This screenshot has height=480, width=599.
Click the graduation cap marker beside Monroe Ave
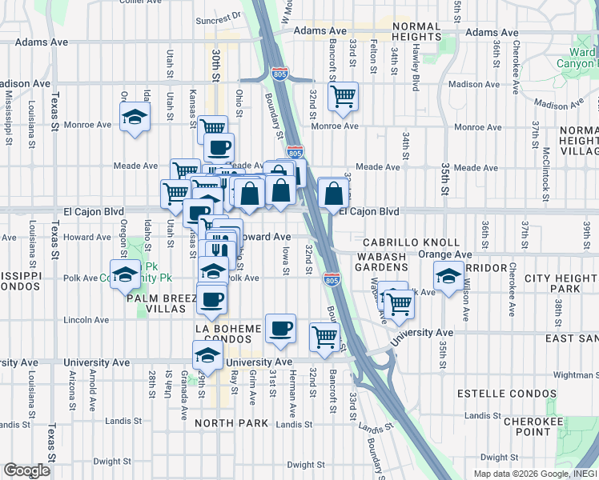[135, 118]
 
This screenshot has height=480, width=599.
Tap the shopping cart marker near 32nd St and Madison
[343, 97]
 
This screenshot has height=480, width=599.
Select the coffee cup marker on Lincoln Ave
[211, 299]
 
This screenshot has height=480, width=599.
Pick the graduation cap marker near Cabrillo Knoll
[448, 276]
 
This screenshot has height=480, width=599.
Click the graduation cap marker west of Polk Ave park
[124, 275]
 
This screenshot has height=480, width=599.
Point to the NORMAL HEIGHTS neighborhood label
[416, 31]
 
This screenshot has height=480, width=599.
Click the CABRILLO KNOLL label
[411, 242]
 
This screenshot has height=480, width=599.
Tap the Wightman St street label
[576, 374]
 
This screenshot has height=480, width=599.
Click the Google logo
[26, 470]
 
